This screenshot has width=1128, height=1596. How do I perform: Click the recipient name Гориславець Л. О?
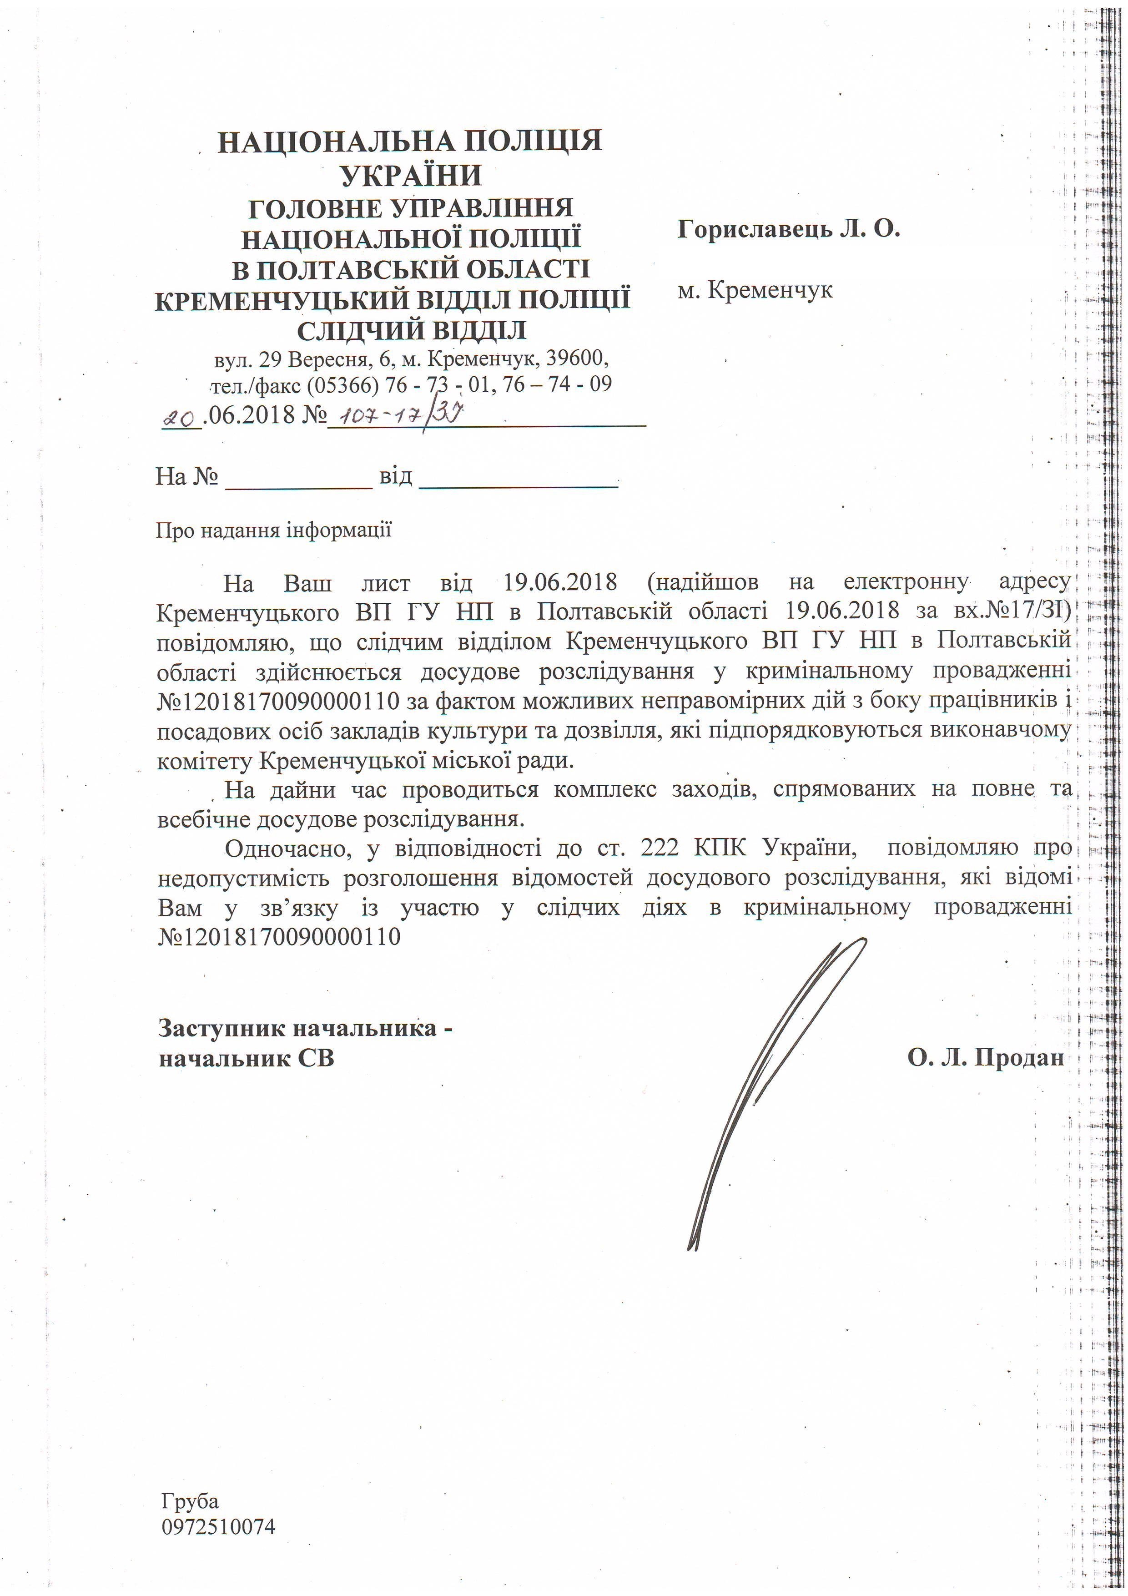[x=789, y=229]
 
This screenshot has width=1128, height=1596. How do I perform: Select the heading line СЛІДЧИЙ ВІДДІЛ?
[x=412, y=329]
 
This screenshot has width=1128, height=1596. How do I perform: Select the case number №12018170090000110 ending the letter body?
[x=279, y=936]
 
